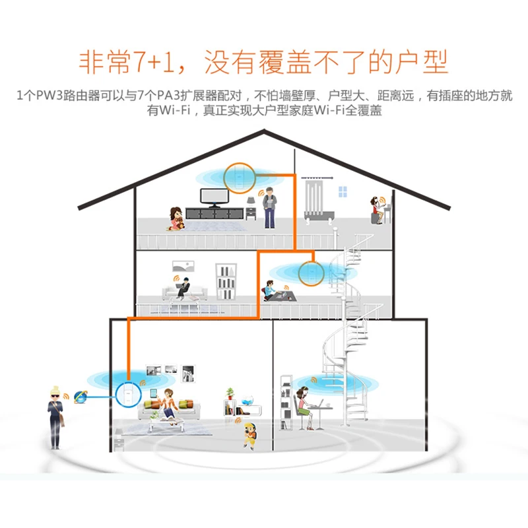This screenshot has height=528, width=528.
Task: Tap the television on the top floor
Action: (213, 197)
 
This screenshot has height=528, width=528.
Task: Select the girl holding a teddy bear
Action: (176, 218)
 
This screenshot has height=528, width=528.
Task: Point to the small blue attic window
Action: (343, 191)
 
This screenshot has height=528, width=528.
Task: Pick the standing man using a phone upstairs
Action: (269, 204)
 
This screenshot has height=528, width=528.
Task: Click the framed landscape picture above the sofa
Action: (184, 266)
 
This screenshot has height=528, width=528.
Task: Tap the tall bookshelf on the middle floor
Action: (226, 282)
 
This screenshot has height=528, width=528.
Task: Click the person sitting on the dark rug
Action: (270, 291)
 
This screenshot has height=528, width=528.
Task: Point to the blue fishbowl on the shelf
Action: (247, 401)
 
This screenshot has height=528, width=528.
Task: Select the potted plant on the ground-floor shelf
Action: (230, 393)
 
